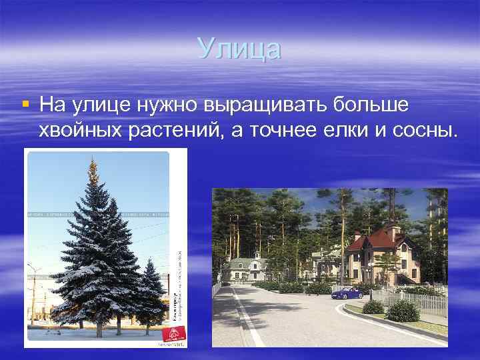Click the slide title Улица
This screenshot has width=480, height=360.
click(240, 49)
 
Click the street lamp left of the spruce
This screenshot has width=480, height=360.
click(34, 293)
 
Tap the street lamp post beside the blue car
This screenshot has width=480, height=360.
click(370, 280)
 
